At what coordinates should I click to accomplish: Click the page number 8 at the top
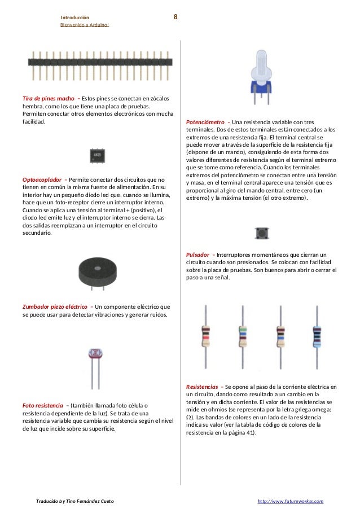pyautogui.click(x=175, y=17)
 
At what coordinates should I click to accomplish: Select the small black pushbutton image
pyautogui.click(x=261, y=233)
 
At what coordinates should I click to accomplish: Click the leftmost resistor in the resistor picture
pyautogui.click(x=207, y=336)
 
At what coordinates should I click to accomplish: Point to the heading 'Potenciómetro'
pyautogui.click(x=205, y=122)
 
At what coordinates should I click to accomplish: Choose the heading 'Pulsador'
pyautogui.click(x=198, y=255)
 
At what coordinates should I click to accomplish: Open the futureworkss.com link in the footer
pyautogui.click(x=290, y=501)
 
